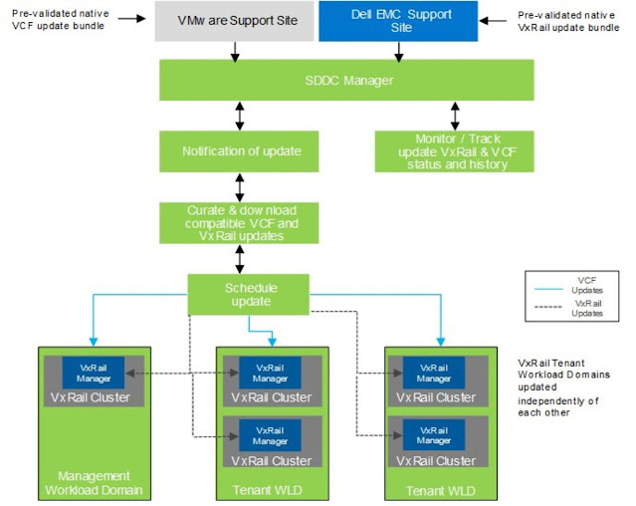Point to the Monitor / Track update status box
pyautogui.click(x=454, y=150)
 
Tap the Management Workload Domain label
pyautogui.click(x=95, y=483)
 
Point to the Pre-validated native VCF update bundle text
pyautogui.click(x=59, y=20)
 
